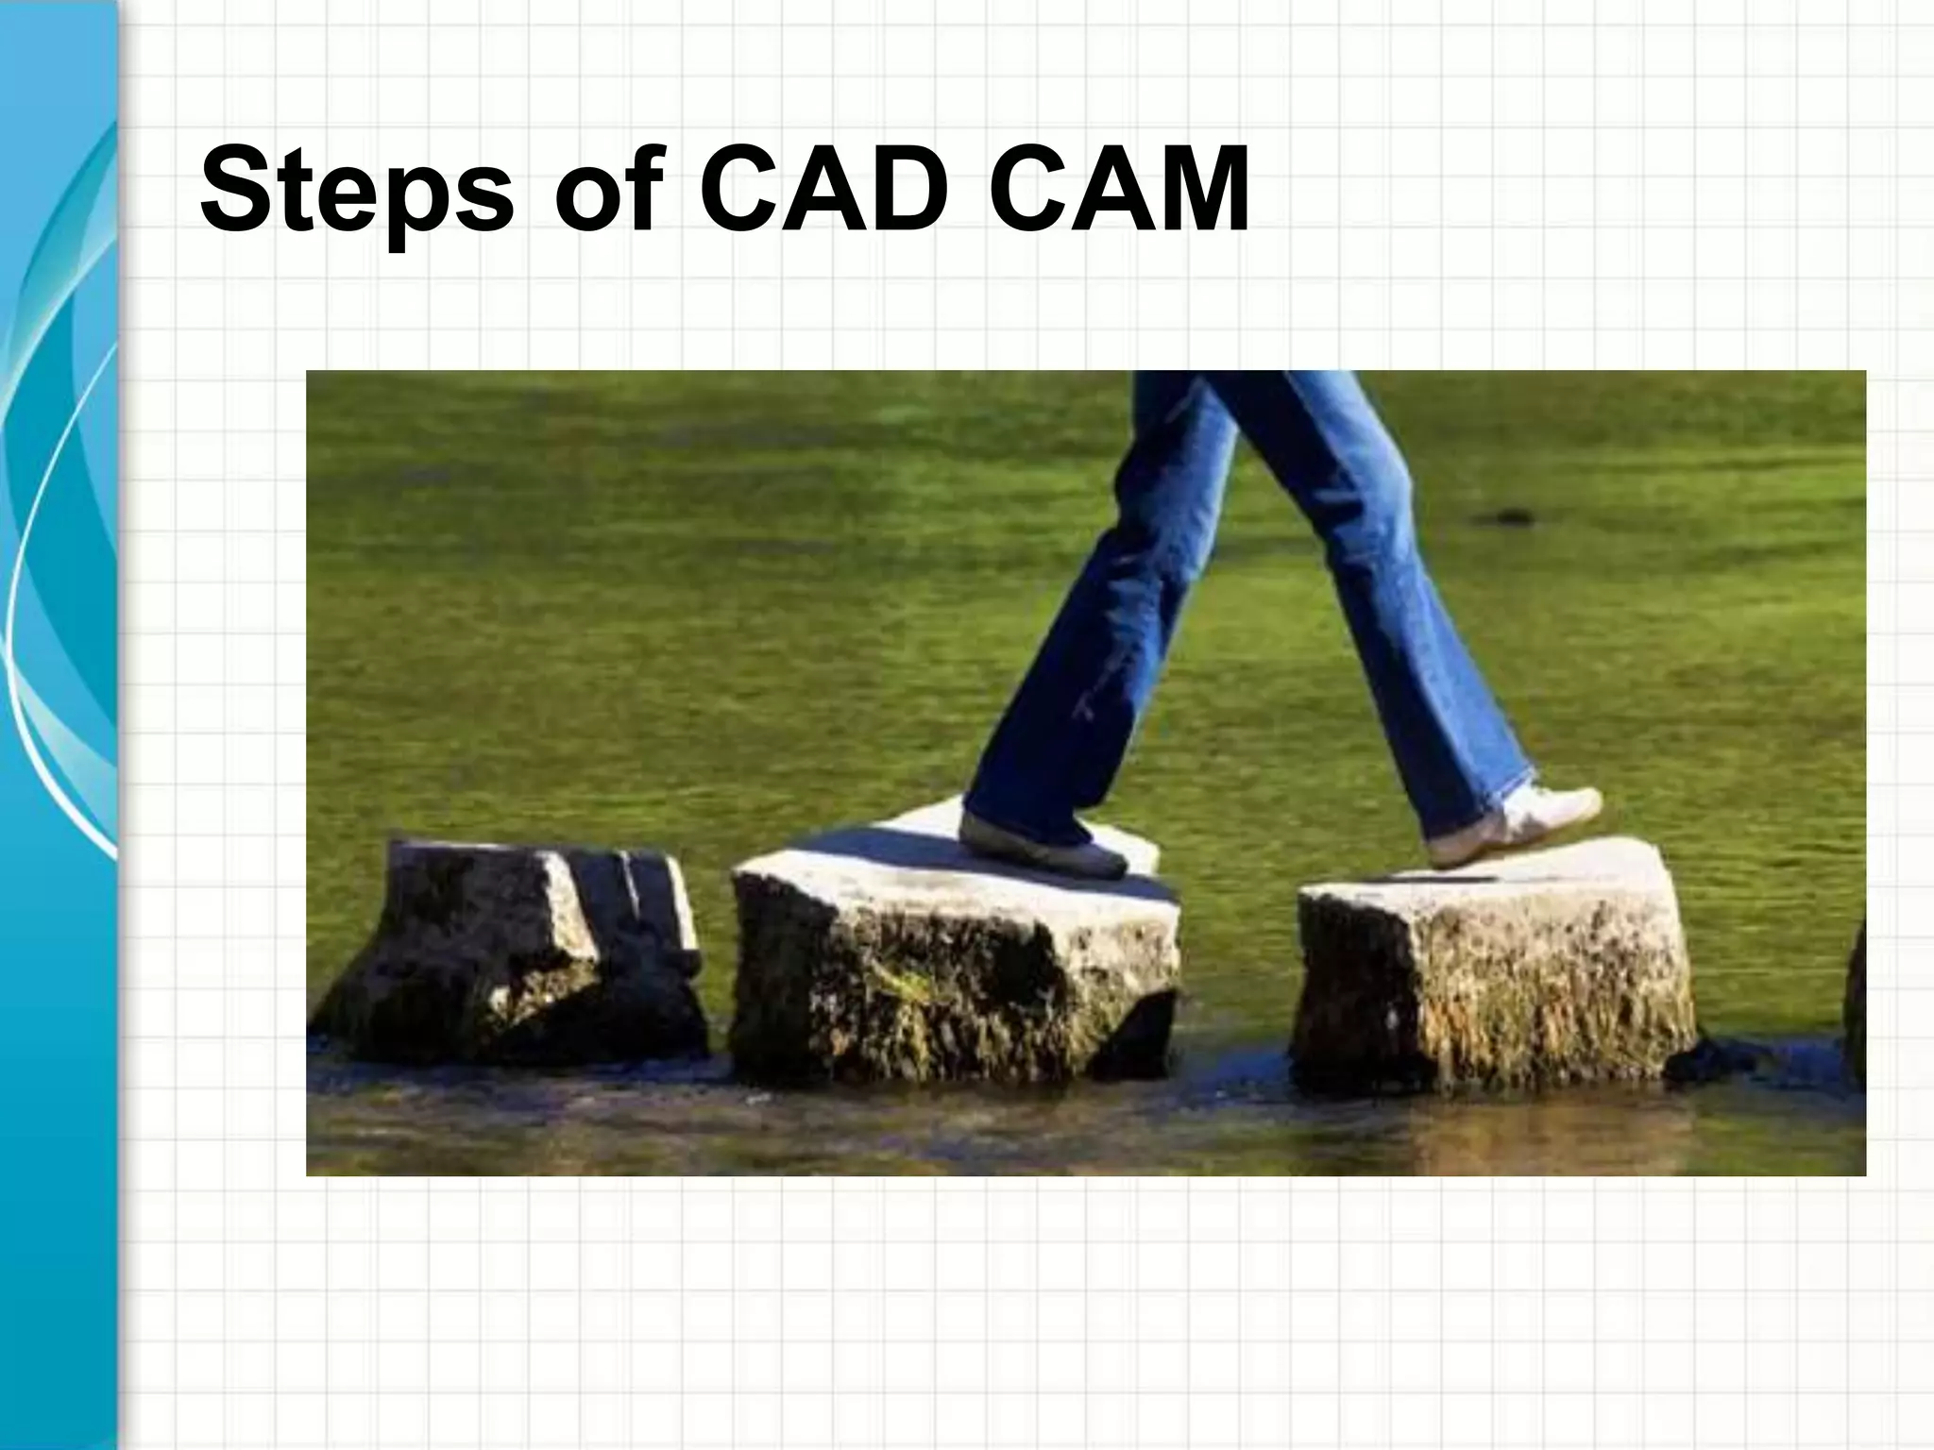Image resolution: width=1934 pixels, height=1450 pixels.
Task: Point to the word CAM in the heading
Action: tap(1120, 190)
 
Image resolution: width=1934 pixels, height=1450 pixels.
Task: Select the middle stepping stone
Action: tap(954, 972)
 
